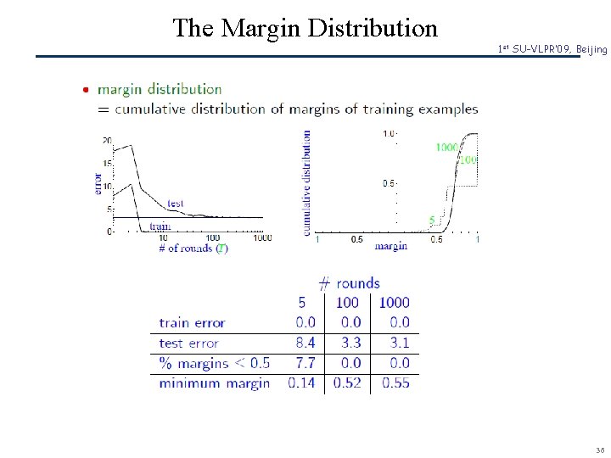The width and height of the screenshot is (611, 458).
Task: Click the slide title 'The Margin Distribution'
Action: pyautogui.click(x=305, y=28)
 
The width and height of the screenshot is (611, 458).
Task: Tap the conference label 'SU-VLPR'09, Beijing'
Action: pyautogui.click(x=552, y=50)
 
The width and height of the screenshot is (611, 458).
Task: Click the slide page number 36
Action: pyautogui.click(x=600, y=450)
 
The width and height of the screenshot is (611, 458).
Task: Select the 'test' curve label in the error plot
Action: pyautogui.click(x=176, y=204)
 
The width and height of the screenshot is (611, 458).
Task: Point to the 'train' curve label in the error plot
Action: pyautogui.click(x=160, y=226)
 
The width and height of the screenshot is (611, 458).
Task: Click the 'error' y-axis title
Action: pyautogui.click(x=98, y=183)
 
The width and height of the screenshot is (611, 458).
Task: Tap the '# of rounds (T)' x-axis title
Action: pyautogui.click(x=193, y=249)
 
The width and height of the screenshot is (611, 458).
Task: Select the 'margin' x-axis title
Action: pyautogui.click(x=391, y=247)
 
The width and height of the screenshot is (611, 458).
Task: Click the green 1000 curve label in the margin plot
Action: pyautogui.click(x=447, y=148)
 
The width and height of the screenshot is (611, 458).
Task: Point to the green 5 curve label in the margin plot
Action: pyautogui.click(x=432, y=220)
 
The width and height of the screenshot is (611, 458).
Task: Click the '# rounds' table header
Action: pyautogui.click(x=349, y=282)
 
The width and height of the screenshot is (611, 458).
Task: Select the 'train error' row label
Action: pyautogui.click(x=192, y=322)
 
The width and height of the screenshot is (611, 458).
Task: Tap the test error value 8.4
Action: pyautogui.click(x=305, y=343)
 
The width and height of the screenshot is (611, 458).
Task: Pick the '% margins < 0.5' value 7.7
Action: pyautogui.click(x=305, y=363)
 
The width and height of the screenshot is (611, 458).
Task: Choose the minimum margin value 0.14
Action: pyautogui.click(x=302, y=383)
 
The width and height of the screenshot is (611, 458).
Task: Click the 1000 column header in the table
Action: pyautogui.click(x=394, y=302)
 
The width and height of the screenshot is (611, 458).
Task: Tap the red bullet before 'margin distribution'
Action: pyautogui.click(x=87, y=89)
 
